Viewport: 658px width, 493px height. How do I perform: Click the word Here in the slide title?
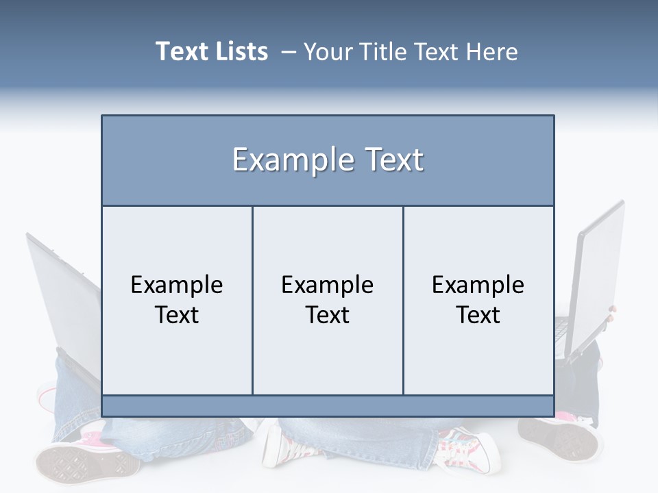(x=491, y=52)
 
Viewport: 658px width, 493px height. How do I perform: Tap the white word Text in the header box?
(x=392, y=160)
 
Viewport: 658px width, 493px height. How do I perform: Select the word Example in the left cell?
(x=177, y=285)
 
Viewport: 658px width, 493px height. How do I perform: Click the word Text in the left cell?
(x=177, y=315)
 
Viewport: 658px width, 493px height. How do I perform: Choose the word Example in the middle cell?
(x=328, y=285)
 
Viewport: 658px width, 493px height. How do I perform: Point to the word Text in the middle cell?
(x=328, y=315)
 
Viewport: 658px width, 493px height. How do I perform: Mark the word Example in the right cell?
(x=478, y=285)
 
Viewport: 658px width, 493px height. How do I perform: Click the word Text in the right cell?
(x=478, y=315)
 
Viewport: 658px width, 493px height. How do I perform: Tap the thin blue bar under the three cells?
(x=328, y=406)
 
